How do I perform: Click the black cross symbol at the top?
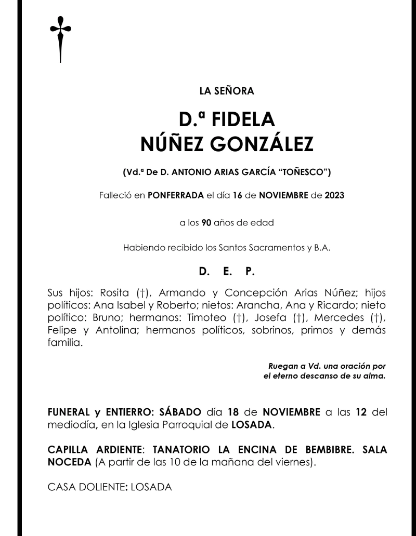(60, 39)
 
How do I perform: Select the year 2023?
(334, 196)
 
